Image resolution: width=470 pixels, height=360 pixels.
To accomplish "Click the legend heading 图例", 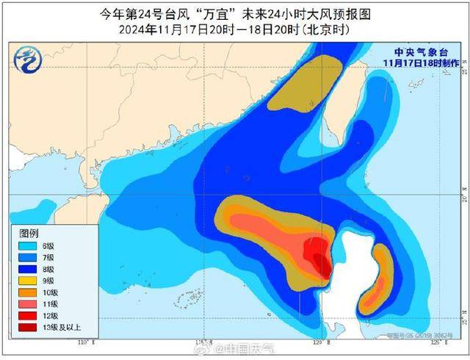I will [x=29, y=231].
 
